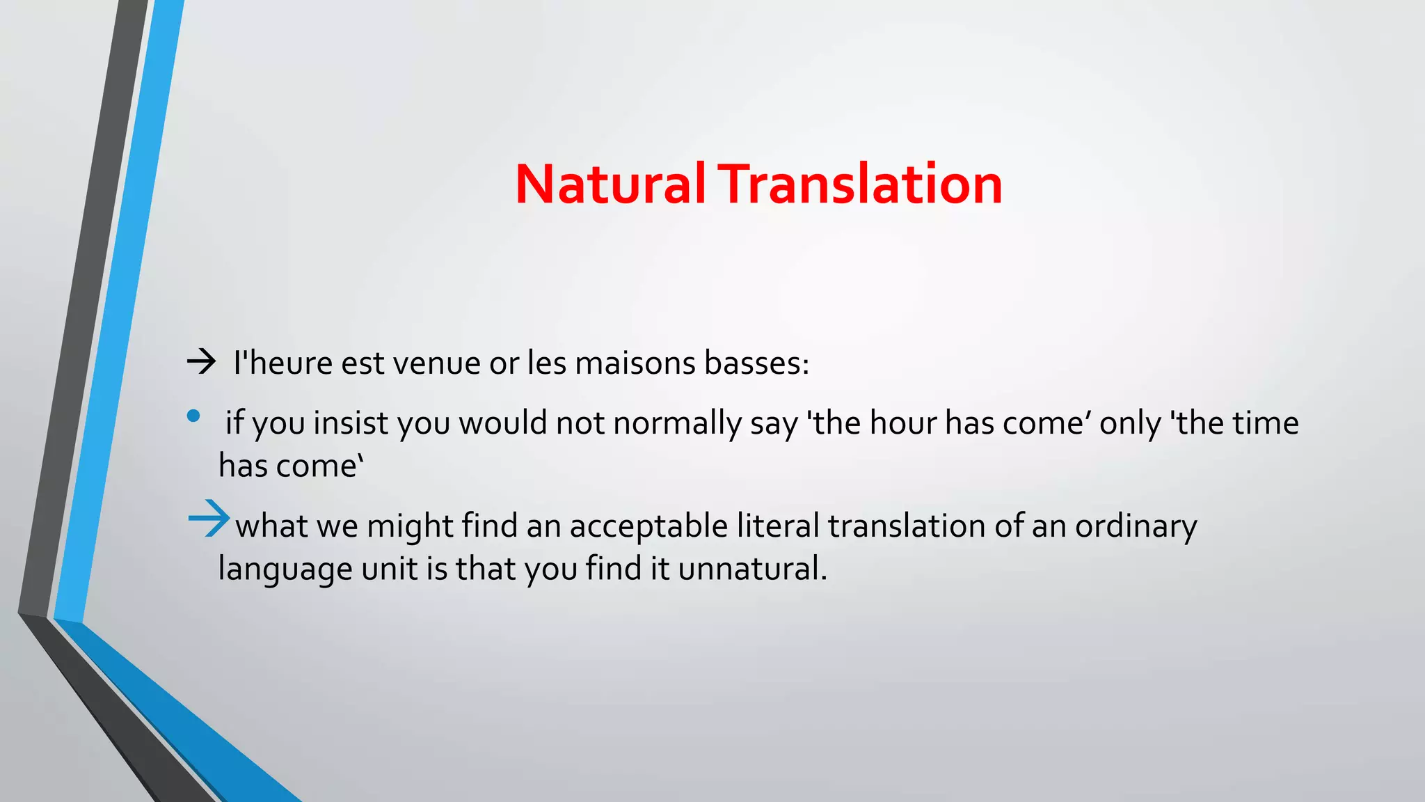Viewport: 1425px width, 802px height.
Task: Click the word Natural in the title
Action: (x=610, y=184)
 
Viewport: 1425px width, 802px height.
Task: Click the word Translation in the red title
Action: (x=860, y=184)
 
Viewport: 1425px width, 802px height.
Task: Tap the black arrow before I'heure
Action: (x=201, y=362)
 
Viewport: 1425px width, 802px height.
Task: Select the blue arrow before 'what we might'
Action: (x=208, y=519)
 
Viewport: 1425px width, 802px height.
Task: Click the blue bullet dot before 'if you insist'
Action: (x=193, y=416)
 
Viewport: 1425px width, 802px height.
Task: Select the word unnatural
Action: (x=752, y=569)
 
